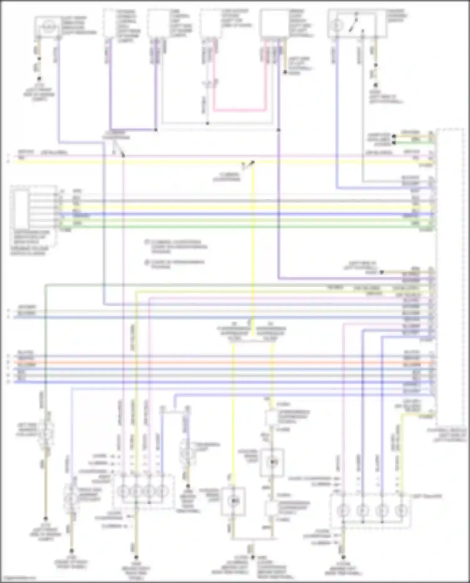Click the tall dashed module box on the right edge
pyautogui.click(x=449, y=273)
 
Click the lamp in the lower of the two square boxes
pyautogui.click(x=233, y=501)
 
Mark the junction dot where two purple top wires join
pyautogui.click(x=156, y=129)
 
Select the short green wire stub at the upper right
pyautogui.click(x=414, y=143)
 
